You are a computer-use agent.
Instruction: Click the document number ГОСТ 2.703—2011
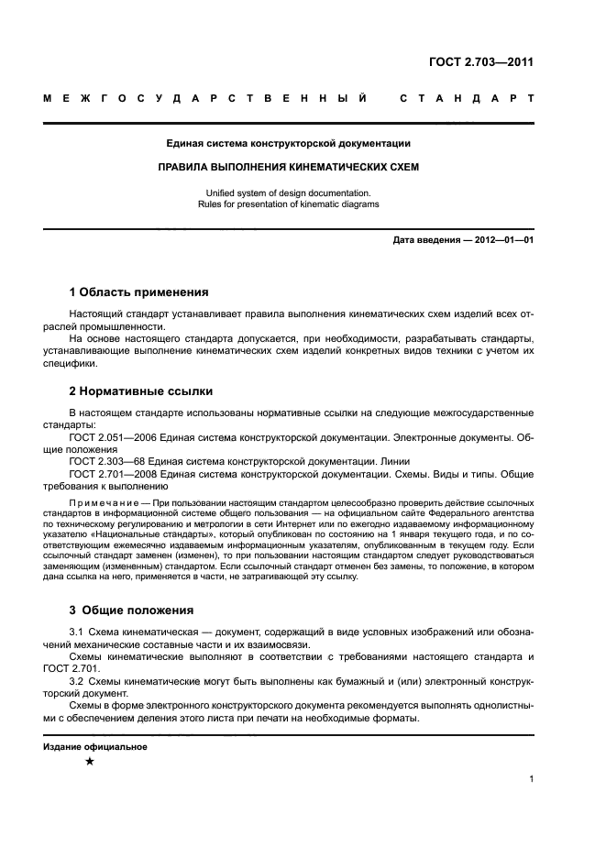pos(480,62)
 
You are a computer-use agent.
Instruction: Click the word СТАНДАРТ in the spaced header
pos(467,97)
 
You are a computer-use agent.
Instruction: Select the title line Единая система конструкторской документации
pos(288,143)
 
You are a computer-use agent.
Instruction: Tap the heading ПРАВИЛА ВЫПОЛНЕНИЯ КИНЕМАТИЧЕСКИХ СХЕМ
pos(288,169)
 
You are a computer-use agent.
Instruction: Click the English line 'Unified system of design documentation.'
pos(288,192)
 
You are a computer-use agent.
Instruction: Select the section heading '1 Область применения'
pos(138,292)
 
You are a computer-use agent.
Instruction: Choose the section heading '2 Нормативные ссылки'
pos(128,391)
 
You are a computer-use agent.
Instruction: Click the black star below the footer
pos(89,762)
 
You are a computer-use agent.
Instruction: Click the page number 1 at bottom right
pos(531,779)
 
